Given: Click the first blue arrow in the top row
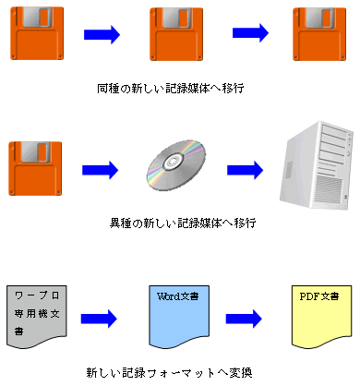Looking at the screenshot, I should tap(102, 34).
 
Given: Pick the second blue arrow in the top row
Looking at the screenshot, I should tap(249, 32).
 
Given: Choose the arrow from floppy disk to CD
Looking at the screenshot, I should tap(102, 170).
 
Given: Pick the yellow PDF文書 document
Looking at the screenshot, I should tap(319, 317).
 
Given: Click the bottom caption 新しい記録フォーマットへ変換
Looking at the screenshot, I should tap(174, 373).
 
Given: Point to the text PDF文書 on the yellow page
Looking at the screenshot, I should tap(319, 297).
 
